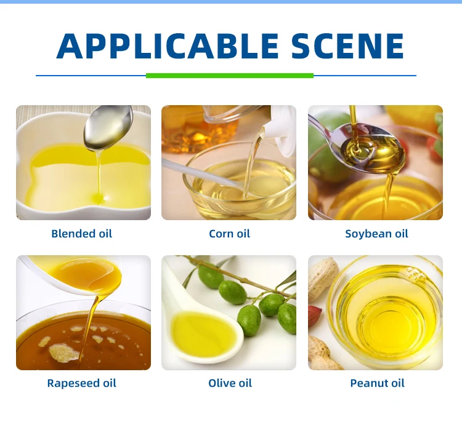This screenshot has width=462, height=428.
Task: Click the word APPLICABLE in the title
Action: coord(168,46)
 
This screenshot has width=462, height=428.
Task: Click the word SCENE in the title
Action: coord(347,46)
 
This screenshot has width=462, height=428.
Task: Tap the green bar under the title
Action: coord(230,76)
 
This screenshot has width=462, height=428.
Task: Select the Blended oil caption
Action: coord(81,234)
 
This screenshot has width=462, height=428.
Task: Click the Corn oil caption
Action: coord(229,234)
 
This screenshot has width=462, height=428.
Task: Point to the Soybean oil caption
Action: coord(376,234)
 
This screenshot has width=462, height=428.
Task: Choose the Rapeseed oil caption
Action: coord(81,383)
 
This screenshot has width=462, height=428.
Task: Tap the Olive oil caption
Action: coord(230,383)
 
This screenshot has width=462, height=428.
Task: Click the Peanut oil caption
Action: coord(377,383)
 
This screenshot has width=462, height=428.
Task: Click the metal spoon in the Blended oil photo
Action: coord(108,128)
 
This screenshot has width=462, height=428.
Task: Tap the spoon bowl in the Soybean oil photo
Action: coord(373,149)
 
